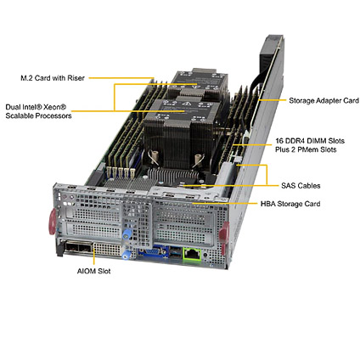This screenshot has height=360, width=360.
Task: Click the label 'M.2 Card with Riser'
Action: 53,78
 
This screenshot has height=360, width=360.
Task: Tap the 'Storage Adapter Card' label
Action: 323,100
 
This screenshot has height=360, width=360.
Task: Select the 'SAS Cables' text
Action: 301,186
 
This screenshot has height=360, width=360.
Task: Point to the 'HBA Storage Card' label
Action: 290,204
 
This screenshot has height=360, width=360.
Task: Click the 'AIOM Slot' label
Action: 93,271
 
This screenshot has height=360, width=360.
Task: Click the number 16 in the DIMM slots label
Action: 279,141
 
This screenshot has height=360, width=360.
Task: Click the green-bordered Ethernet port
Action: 193,254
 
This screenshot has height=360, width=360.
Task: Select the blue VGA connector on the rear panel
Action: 154,252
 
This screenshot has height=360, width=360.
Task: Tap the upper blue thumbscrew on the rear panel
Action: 127,234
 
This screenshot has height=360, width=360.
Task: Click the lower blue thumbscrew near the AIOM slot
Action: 127,255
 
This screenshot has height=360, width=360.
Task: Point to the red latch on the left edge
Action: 53,222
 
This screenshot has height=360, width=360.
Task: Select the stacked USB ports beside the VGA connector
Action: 176,252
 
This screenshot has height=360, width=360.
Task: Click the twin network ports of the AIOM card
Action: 78,249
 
